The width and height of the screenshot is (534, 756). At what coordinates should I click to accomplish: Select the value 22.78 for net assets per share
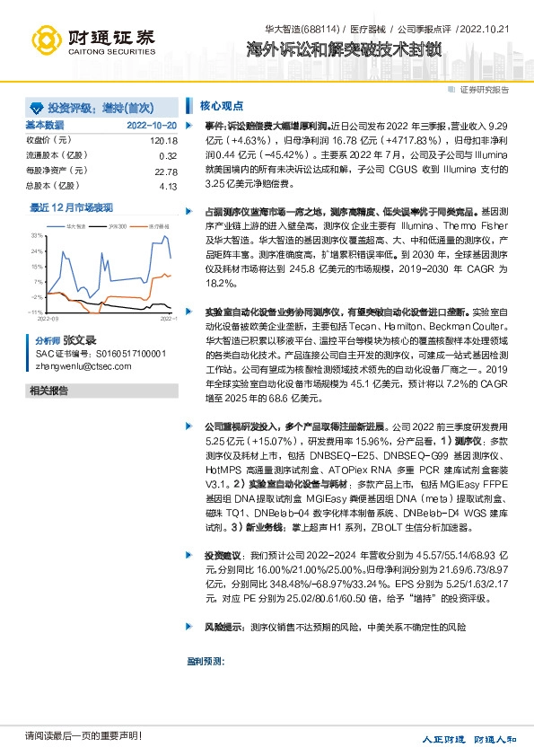point(165,171)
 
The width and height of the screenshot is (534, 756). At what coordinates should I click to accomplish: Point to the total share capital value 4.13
point(168,187)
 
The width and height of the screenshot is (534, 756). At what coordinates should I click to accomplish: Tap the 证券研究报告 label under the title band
point(485,90)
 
